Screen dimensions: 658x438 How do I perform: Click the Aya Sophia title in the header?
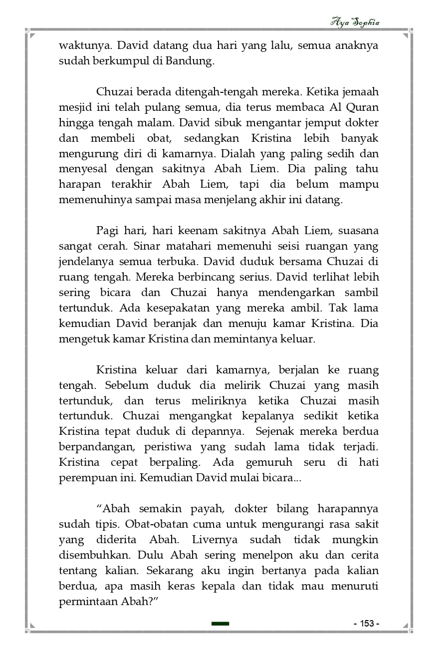click(x=355, y=22)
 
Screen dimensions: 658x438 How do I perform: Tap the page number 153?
click(x=367, y=624)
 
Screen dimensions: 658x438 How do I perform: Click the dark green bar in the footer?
click(x=220, y=624)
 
